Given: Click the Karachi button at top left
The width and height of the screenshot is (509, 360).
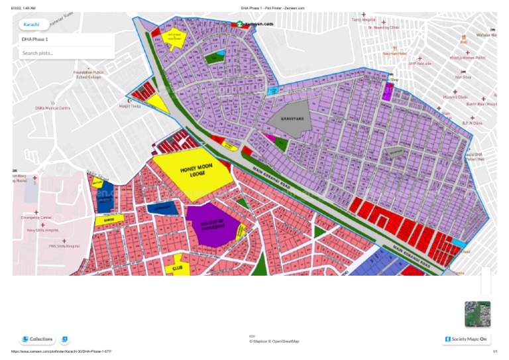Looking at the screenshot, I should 31,25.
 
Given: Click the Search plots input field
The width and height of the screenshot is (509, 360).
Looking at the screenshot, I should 66,53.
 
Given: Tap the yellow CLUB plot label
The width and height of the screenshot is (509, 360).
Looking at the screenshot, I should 177,267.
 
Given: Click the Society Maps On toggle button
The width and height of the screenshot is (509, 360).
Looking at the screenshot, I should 467,339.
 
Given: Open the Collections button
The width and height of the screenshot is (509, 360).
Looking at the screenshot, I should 37,339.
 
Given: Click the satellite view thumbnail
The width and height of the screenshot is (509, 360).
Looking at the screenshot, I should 477,314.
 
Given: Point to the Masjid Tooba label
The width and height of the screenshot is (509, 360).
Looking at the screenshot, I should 130,105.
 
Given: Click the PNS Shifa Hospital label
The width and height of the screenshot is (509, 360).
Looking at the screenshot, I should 64,246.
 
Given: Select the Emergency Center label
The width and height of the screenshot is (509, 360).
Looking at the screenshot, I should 36,217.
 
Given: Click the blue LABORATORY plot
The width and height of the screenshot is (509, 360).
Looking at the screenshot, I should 162,208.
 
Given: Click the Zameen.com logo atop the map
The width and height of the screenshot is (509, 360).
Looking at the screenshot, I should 254,23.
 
